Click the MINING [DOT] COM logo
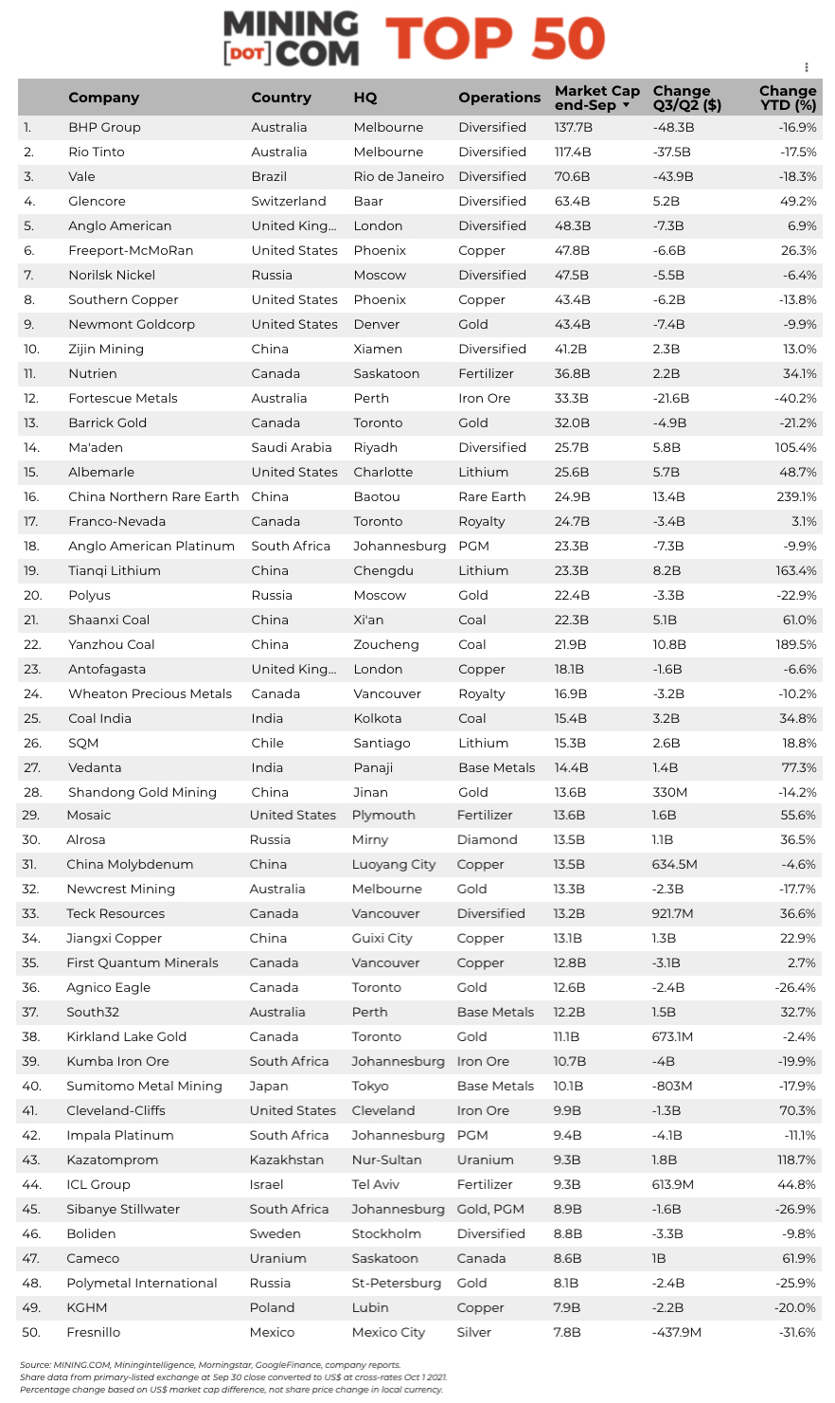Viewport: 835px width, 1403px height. [291, 39]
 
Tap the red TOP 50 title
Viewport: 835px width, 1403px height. [495, 39]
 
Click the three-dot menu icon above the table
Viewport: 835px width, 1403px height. [807, 67]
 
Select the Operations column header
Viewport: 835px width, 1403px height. [499, 98]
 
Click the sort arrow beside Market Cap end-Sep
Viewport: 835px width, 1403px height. [626, 105]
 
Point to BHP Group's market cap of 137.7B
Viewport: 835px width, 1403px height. [573, 127]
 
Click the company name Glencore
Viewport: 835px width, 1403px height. [97, 201]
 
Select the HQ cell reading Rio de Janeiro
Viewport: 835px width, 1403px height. [399, 176]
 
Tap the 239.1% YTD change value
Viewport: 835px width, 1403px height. [796, 496]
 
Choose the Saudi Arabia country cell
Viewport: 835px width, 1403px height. [292, 447]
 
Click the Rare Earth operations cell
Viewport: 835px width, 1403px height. [492, 496]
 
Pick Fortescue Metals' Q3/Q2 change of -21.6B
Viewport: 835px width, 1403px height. [671, 398]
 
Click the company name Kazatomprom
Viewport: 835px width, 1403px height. [112, 1160]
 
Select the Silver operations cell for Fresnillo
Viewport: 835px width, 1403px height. [474, 1332]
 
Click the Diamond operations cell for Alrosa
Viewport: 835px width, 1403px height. [487, 839]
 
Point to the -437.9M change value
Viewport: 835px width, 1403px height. [676, 1332]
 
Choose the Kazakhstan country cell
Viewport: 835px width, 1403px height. [286, 1160]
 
